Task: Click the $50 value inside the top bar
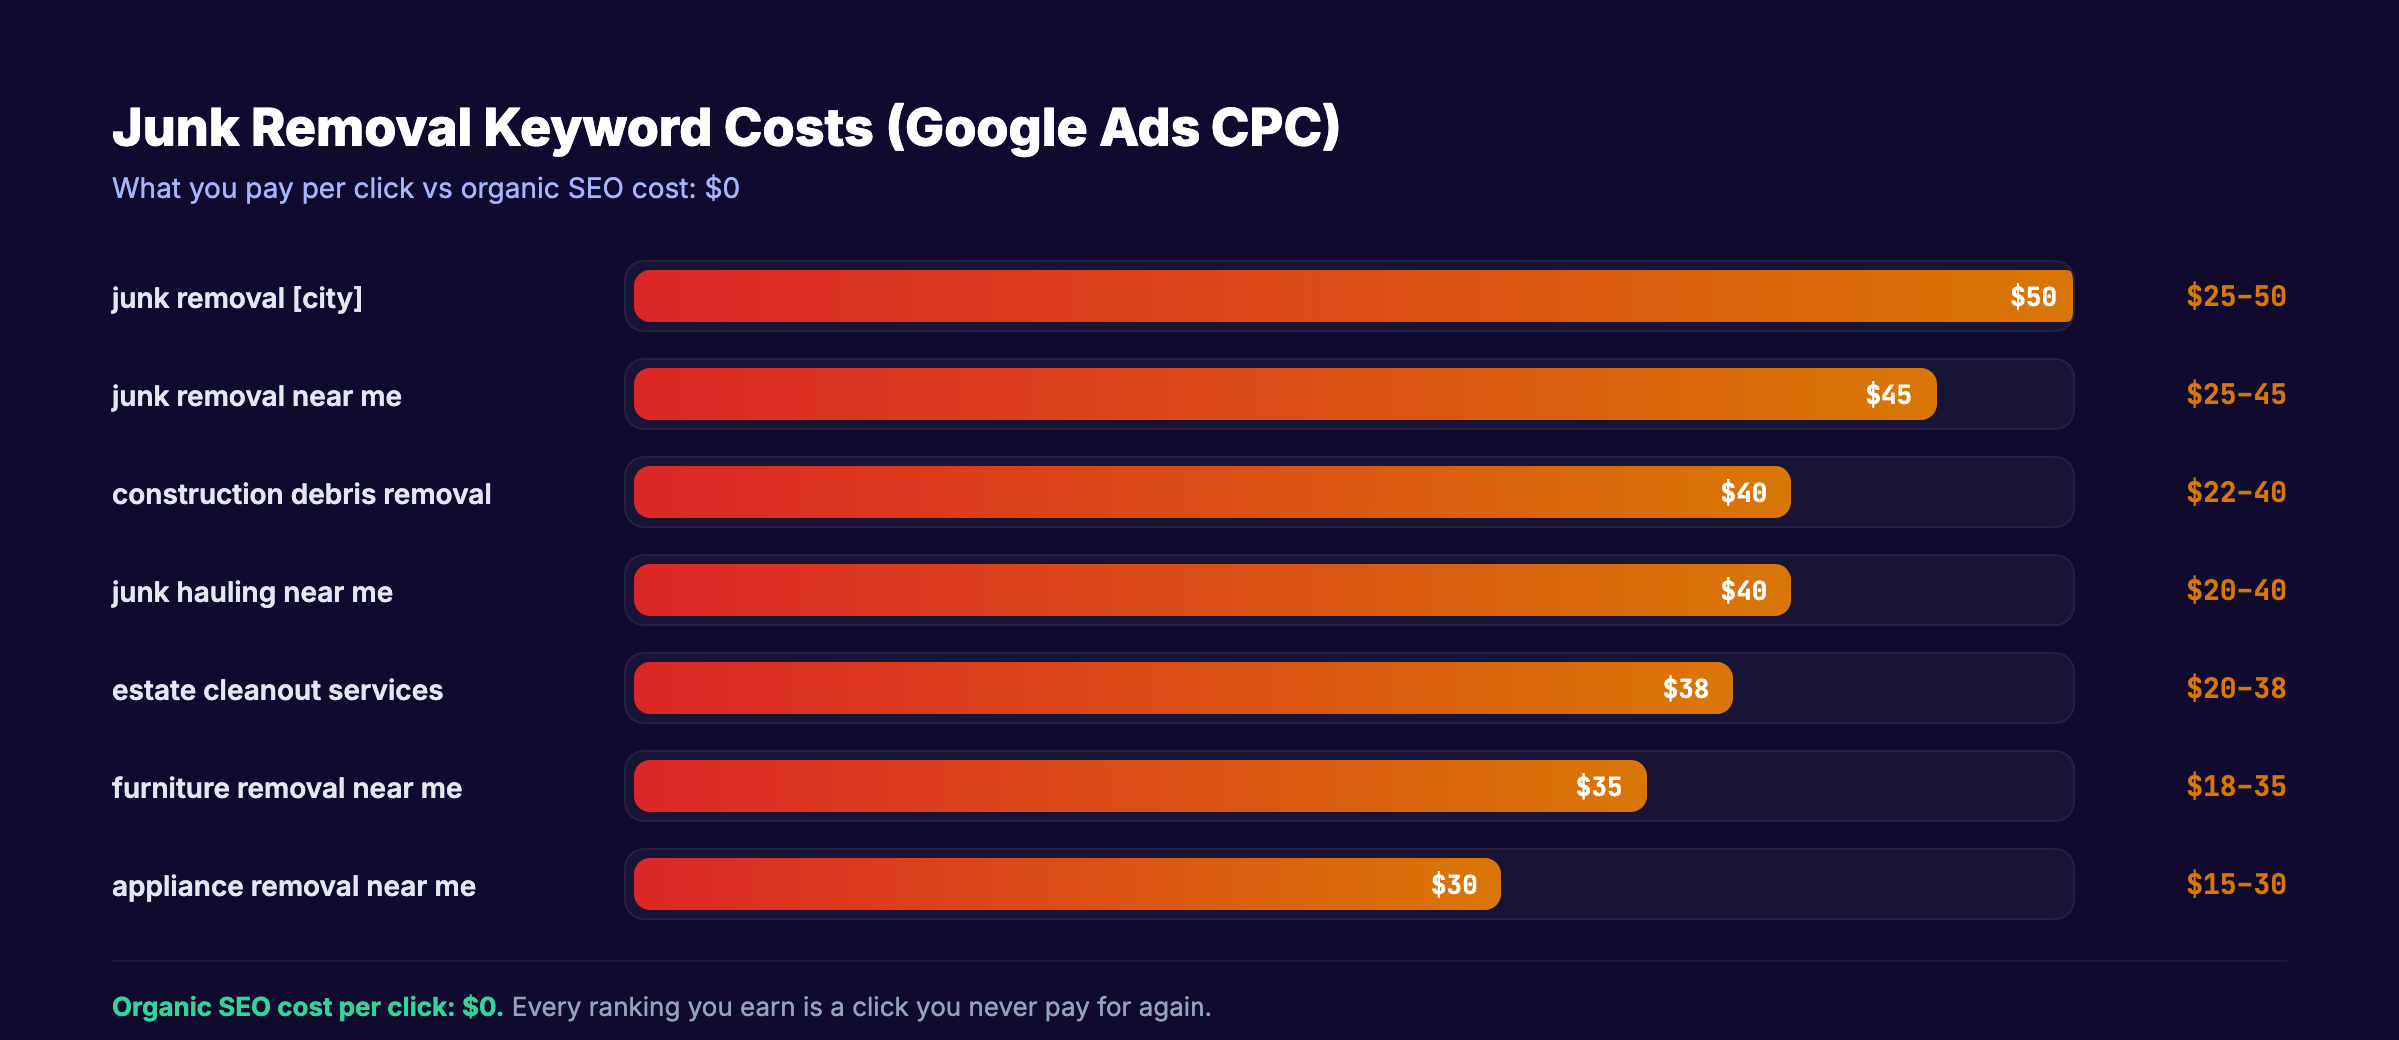click(2033, 297)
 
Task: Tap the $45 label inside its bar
click(1888, 395)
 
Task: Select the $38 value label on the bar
click(1685, 689)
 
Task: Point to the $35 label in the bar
click(1598, 787)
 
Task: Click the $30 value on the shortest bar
click(1453, 885)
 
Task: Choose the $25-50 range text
click(2235, 297)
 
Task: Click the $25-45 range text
click(2235, 395)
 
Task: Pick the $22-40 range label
click(2235, 493)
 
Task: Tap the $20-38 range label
click(2235, 689)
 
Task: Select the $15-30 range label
click(2235, 885)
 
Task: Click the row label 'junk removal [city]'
click(237, 298)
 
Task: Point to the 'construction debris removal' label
click(301, 494)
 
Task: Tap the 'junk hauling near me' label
click(252, 592)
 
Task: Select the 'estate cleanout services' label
click(277, 690)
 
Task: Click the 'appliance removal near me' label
click(293, 886)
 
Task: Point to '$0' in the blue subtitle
click(721, 188)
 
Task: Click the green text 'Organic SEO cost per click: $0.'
click(307, 1007)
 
